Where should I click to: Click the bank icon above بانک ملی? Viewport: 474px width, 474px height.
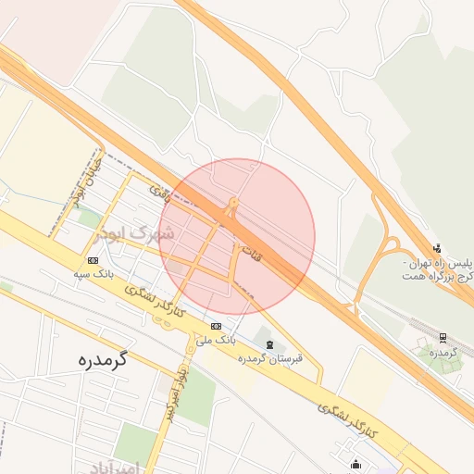coord(216,326)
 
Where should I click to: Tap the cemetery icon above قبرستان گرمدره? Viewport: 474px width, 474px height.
coord(269,344)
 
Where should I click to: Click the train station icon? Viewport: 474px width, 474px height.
coord(443,338)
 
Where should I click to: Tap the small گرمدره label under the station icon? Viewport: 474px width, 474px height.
coord(444,353)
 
